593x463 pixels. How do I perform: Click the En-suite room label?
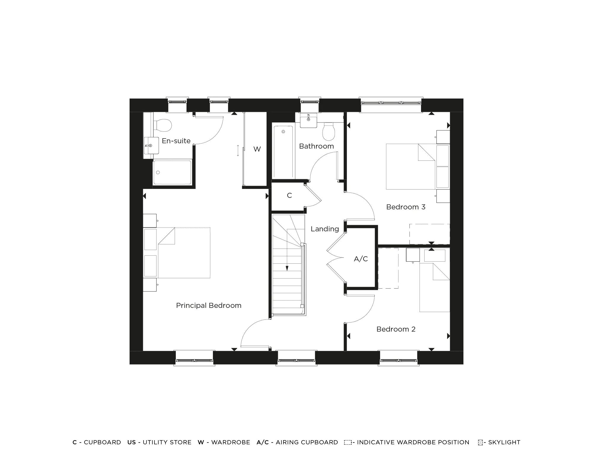[x=176, y=141]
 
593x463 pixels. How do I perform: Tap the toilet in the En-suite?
[x=162, y=125]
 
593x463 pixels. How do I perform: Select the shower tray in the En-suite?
[x=172, y=172]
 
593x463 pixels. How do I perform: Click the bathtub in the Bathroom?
[x=283, y=152]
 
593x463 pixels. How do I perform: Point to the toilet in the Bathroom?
[x=329, y=132]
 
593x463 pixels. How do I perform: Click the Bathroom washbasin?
[x=308, y=120]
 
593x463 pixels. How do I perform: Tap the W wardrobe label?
[x=257, y=149]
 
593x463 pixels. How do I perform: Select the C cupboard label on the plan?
[x=289, y=195]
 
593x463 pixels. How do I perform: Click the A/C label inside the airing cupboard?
[x=361, y=259]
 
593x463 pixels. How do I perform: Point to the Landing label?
[x=325, y=229]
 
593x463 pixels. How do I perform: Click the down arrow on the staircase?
[x=287, y=268]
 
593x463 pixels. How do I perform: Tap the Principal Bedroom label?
[x=209, y=306]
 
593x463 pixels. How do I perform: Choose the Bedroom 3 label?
[x=406, y=207]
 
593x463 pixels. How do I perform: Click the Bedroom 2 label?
[x=396, y=329]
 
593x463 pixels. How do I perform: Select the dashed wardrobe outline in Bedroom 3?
[x=429, y=234]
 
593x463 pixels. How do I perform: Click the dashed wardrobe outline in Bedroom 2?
[x=388, y=268]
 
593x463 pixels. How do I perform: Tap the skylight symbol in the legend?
[x=480, y=443]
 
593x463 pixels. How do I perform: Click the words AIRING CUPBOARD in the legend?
[x=307, y=442]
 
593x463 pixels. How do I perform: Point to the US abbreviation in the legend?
[x=131, y=442]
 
